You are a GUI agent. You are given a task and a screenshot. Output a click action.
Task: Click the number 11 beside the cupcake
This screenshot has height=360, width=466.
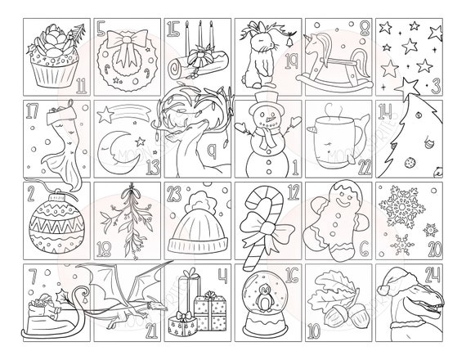(80, 83)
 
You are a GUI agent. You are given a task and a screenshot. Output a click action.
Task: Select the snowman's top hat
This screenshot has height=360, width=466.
(264, 104)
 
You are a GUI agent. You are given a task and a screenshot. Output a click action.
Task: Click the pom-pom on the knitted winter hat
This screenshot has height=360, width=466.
(199, 197)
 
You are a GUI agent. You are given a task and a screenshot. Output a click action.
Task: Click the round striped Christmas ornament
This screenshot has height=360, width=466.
(52, 221)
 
